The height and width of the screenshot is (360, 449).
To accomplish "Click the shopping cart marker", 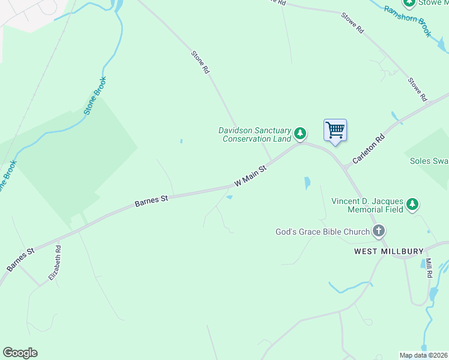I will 335,130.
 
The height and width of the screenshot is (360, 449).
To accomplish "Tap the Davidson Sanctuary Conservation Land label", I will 255,134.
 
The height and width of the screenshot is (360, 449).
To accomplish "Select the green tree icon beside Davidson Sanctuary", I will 300,133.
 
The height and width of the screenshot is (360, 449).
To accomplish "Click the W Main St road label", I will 250,175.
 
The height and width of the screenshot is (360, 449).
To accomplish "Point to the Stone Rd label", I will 200,62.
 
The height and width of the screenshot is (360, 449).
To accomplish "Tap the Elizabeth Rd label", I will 55,263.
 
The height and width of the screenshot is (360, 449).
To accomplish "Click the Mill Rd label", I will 429,267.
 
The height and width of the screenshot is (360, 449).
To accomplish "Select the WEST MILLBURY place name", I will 389,251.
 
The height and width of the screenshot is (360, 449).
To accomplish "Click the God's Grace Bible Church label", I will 322,231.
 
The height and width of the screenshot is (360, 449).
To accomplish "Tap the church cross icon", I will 378,230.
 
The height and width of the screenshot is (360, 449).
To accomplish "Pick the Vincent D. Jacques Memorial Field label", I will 367,205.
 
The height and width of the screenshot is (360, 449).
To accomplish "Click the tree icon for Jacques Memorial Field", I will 412,205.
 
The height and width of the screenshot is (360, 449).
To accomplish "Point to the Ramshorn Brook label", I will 408,21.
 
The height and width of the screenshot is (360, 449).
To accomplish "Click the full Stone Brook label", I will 95,96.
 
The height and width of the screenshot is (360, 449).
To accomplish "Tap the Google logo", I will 20,353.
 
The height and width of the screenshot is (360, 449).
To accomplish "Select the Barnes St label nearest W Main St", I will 151,200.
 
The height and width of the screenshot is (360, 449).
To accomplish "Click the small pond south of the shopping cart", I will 308,182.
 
